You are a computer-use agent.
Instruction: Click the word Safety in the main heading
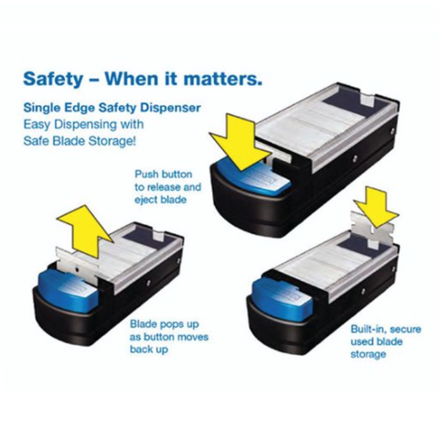[53, 79]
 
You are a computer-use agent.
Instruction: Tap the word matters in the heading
[222, 79]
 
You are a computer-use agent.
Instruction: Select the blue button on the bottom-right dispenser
[283, 295]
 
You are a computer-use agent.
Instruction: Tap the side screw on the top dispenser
[355, 158]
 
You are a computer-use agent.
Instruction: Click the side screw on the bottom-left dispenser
[148, 283]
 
